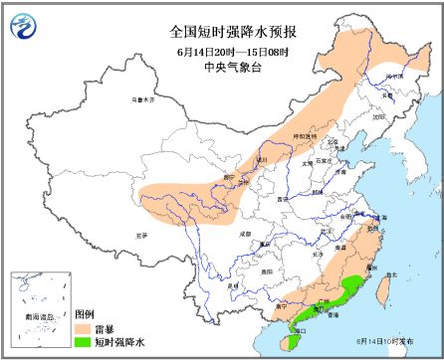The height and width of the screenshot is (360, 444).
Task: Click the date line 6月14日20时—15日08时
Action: click(x=221, y=50)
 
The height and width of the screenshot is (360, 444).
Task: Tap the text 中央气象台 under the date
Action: click(x=221, y=68)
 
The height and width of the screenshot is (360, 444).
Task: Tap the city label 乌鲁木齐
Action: click(x=145, y=100)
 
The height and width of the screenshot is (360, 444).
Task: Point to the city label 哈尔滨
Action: click(x=395, y=75)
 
